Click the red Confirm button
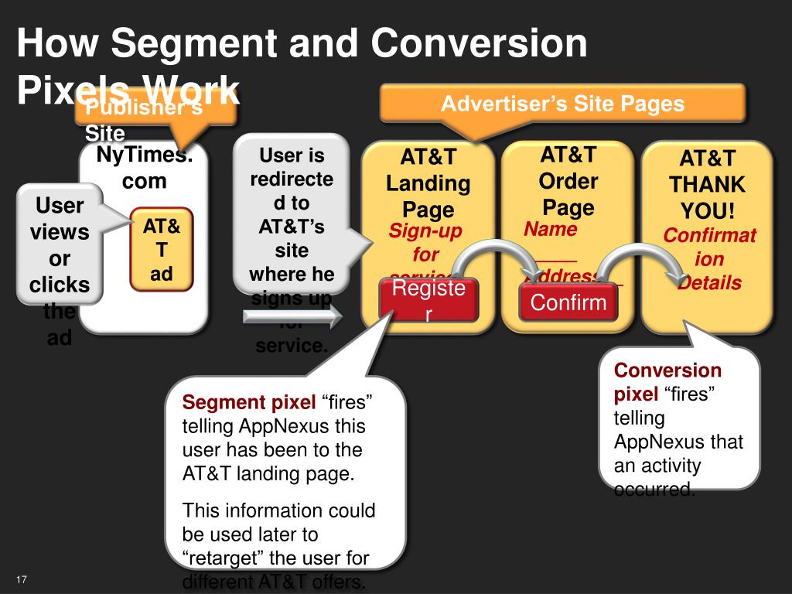point(569,302)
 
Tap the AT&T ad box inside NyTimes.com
point(161,250)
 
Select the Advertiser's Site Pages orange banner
point(562,104)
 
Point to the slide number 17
point(21,580)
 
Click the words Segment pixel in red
point(248,403)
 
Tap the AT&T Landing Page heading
point(428,183)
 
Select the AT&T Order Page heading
point(568,181)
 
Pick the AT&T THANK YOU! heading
point(707,185)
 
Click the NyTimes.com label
point(144,169)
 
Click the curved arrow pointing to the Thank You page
point(642,255)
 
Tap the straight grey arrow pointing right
point(292,316)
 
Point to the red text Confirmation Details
point(709,259)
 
